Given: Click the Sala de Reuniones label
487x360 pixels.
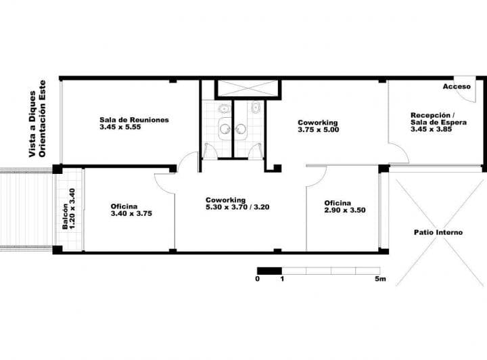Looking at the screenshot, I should pos(134,120).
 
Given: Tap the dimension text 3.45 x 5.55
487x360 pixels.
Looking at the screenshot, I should pos(119,127).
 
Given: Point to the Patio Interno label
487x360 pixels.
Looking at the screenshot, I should pos(438,232).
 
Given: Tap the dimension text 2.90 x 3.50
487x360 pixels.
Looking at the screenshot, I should pos(344,210).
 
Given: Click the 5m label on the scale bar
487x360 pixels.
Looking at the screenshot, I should pos(381,279).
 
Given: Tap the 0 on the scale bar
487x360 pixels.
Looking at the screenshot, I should pos(258,279).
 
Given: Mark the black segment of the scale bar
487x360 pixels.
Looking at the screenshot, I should pos(269,271).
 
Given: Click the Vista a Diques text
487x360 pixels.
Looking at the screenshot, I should pos(31,125).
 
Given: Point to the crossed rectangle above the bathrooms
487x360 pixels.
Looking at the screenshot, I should pos(247,89).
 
